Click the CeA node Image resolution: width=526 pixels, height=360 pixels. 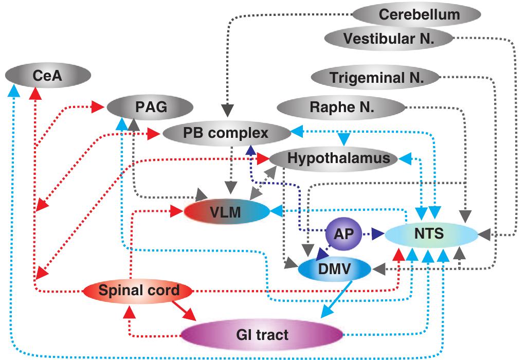[48, 76]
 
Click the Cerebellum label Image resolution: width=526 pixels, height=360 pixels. [419, 14]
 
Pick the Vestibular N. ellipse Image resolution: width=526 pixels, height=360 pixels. [389, 38]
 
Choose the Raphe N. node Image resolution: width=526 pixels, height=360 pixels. [341, 107]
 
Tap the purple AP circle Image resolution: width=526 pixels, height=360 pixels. [343, 233]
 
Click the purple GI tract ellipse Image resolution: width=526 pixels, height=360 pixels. [263, 335]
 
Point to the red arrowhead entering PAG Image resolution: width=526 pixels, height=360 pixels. [98, 108]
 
